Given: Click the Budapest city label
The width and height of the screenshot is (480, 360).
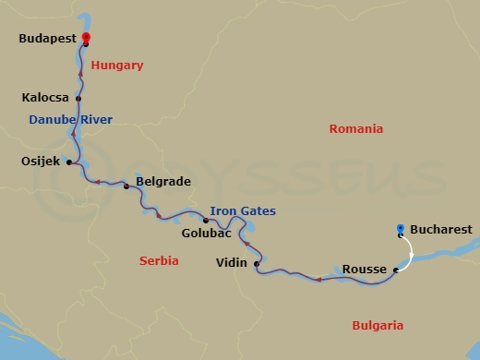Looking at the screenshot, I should [x=47, y=40].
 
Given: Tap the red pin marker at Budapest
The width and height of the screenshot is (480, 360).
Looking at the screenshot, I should [x=86, y=39].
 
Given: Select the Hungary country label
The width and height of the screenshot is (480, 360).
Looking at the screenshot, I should [x=117, y=66].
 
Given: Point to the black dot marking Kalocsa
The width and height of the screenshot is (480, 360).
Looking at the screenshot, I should [x=78, y=99].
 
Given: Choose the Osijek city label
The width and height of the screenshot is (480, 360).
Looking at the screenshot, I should [x=40, y=162].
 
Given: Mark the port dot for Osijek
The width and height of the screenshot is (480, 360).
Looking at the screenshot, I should [x=70, y=163].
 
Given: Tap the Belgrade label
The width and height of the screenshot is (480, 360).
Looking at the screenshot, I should [x=162, y=182].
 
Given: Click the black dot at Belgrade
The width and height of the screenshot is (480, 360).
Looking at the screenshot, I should [x=126, y=186].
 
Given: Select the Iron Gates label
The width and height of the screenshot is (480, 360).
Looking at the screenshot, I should [x=243, y=211].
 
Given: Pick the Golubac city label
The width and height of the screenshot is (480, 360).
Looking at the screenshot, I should [x=207, y=234].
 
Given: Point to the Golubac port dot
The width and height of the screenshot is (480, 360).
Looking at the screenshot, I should [x=206, y=220].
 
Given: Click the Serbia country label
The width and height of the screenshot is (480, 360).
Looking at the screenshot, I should [x=159, y=261].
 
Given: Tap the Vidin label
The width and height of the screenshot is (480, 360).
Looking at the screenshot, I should [x=231, y=263].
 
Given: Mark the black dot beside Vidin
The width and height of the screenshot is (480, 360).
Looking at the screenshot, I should [x=256, y=264].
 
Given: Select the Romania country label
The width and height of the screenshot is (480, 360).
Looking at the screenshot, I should [x=355, y=129].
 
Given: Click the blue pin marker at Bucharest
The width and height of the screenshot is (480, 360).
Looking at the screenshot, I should [x=400, y=229].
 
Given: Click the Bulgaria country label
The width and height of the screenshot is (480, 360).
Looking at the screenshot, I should [x=378, y=325].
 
